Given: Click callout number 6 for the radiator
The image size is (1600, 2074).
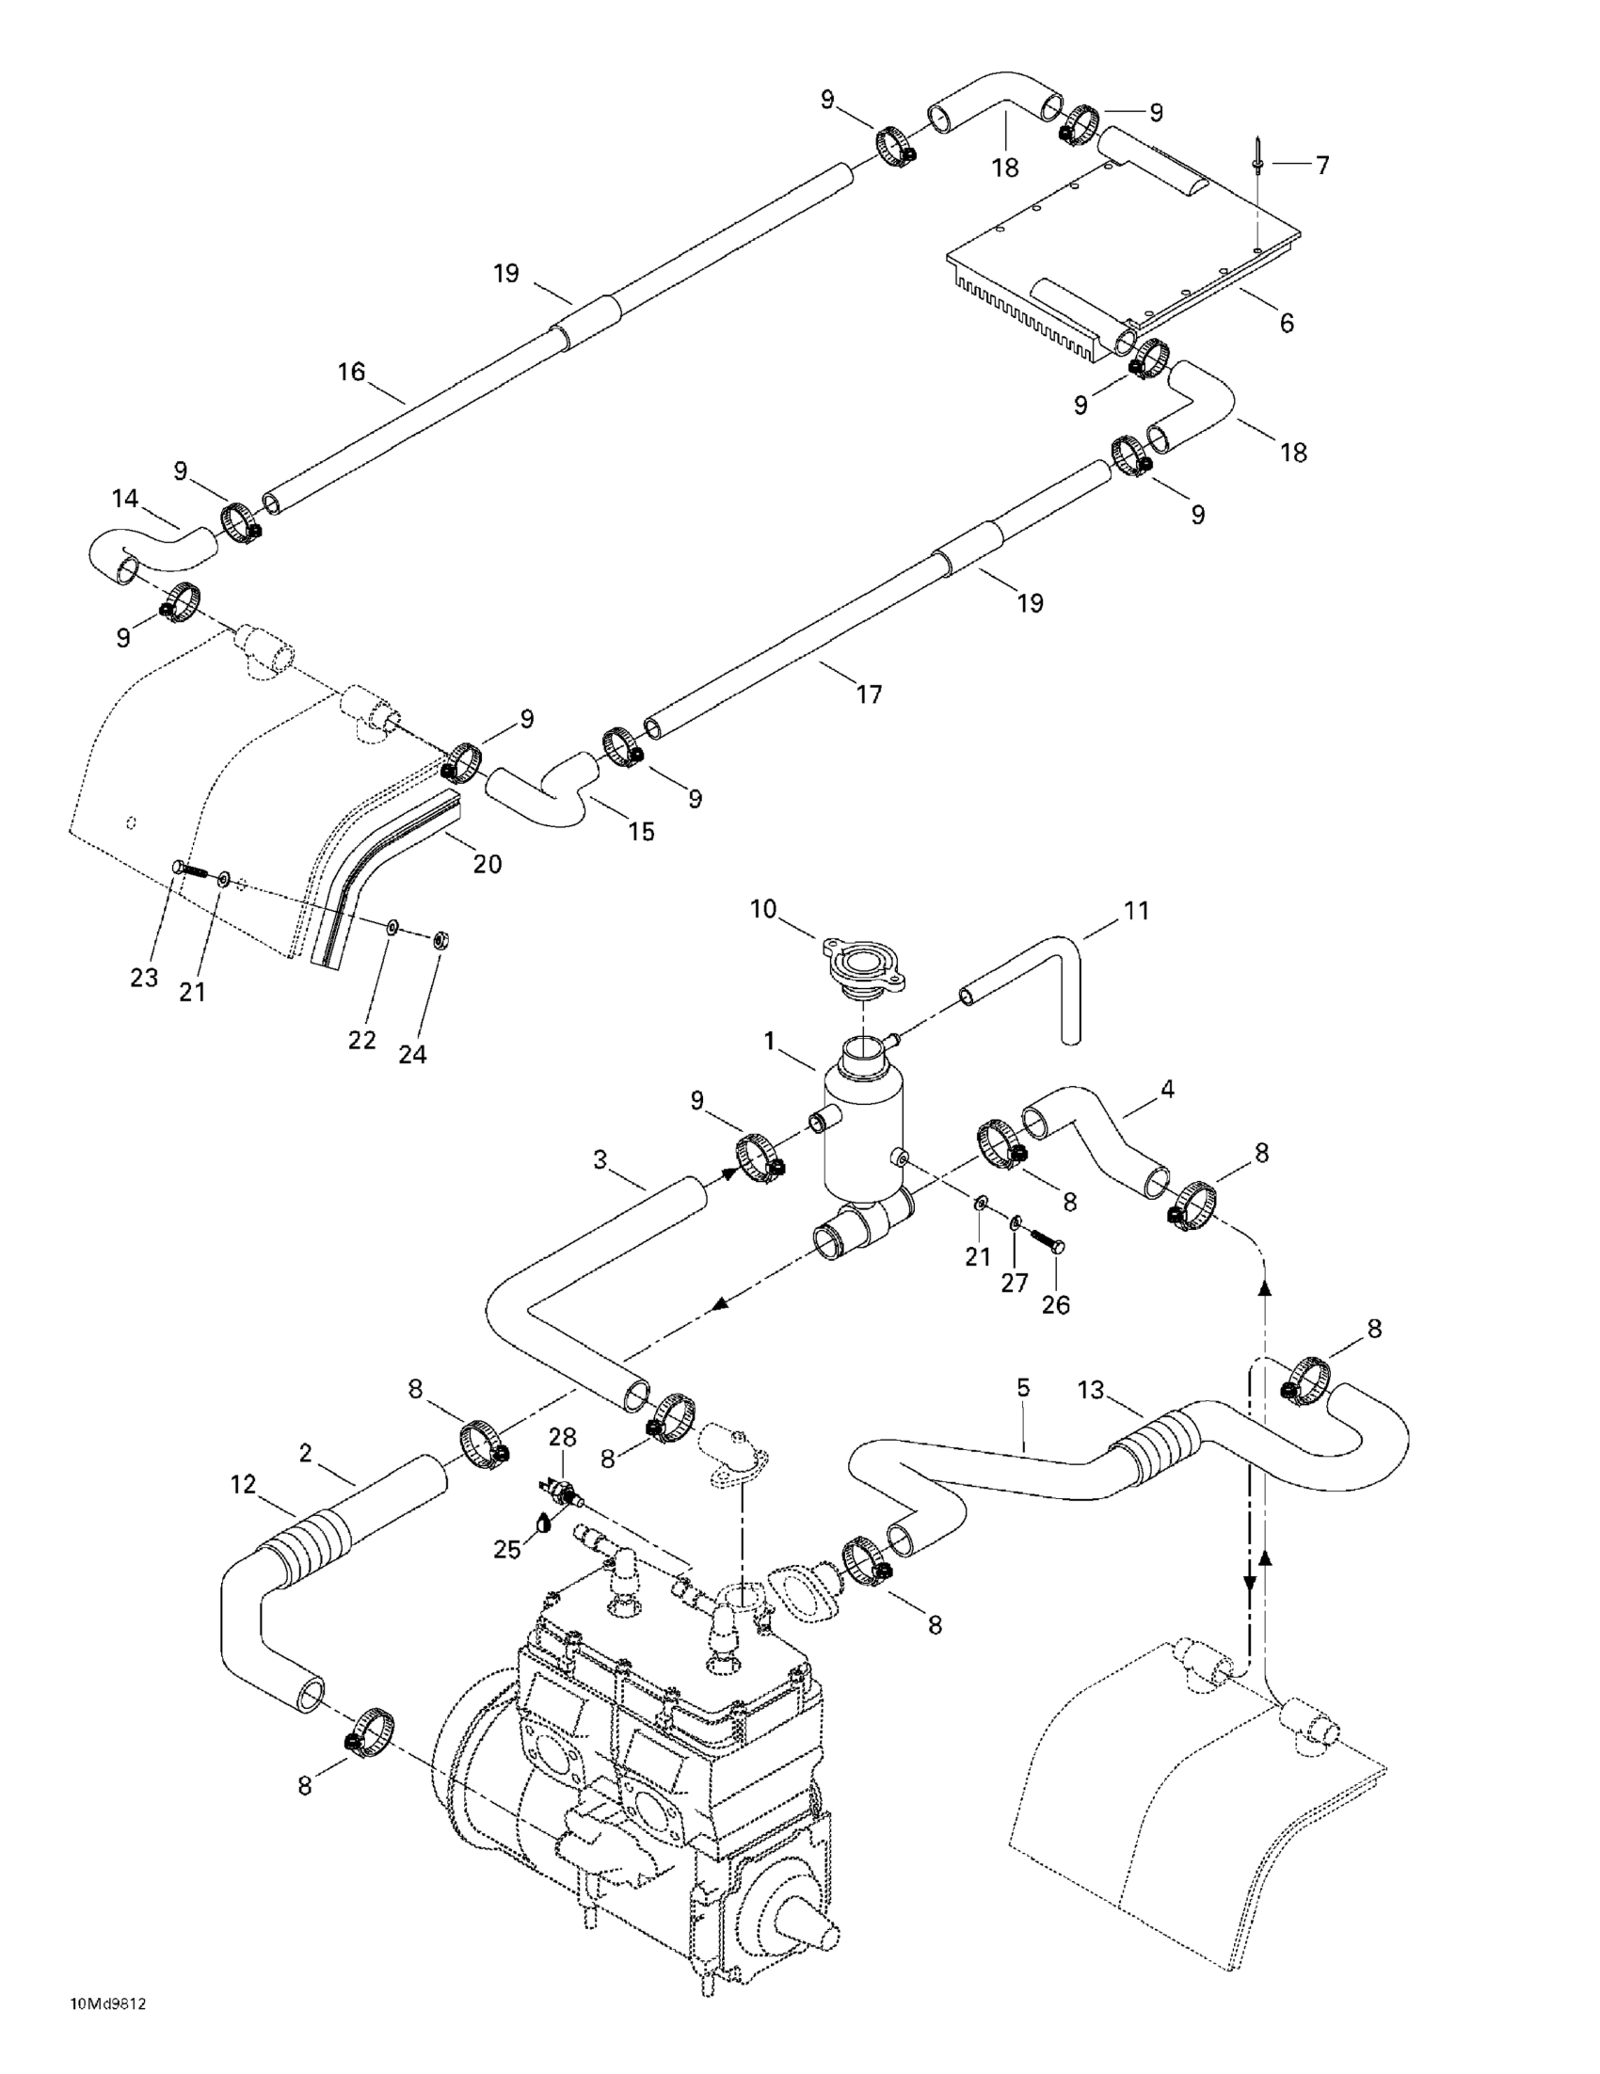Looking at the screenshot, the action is [1287, 323].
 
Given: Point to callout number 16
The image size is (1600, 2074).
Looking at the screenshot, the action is [351, 372].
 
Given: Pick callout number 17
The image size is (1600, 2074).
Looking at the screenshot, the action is [869, 694].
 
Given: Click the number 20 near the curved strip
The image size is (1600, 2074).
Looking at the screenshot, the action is [488, 864].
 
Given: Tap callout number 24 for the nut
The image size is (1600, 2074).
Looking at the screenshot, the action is [412, 1054].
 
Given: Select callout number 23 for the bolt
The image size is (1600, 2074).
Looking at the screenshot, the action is [144, 978].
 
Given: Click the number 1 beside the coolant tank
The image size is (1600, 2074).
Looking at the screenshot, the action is [770, 1042].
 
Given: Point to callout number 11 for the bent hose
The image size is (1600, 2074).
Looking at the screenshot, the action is [1137, 911].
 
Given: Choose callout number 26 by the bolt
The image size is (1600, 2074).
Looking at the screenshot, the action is [1056, 1305].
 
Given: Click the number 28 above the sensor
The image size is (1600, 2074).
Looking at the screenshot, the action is [562, 1437].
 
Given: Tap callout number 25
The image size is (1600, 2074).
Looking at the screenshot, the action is [507, 1549].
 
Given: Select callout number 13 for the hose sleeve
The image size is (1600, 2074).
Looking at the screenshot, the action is [1091, 1390].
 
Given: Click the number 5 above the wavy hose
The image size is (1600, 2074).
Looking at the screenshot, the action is [1023, 1387].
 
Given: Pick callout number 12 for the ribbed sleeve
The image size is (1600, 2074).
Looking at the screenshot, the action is [243, 1484].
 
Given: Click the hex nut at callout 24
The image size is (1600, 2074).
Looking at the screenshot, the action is [440, 940].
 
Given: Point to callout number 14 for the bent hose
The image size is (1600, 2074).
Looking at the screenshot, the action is [124, 499].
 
